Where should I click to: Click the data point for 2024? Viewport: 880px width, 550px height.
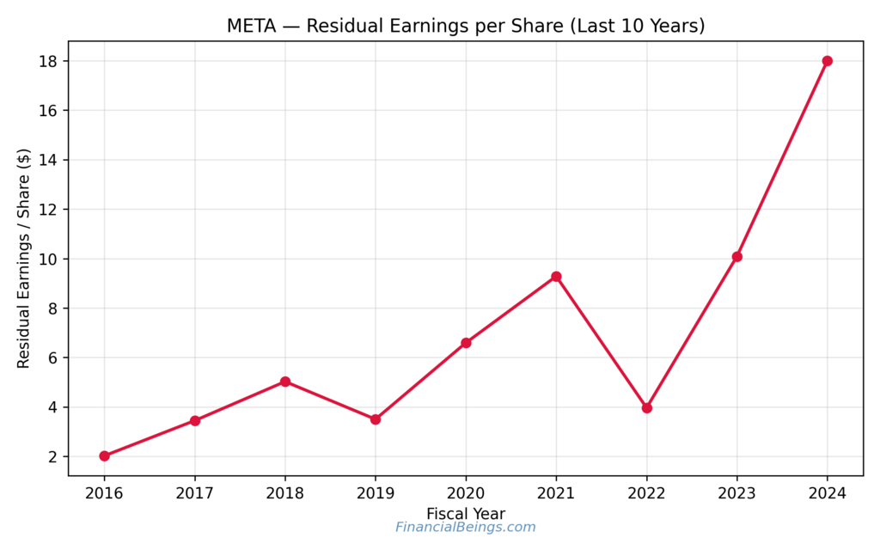pos(827,61)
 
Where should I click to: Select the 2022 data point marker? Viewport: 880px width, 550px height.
pos(646,408)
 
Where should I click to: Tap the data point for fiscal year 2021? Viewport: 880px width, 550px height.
pos(556,277)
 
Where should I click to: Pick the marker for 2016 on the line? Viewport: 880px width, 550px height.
pos(104,456)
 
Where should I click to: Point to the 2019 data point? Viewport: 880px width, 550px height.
pos(376,419)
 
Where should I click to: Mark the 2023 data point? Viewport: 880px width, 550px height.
pos(736,257)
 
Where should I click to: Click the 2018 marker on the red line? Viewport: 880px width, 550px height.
pos(285,382)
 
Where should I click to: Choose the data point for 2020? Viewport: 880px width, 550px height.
pos(466,343)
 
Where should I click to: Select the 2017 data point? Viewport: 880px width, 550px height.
pos(195,420)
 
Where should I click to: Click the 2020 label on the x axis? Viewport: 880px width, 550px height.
pos(466,493)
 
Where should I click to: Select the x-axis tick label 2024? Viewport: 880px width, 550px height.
pos(827,493)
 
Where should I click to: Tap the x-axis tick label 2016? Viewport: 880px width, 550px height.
pos(104,493)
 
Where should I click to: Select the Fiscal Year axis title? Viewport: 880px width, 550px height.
pos(465,513)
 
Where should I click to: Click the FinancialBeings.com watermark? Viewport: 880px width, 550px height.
pos(465,528)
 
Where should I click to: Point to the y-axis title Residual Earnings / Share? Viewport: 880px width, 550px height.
pos(24,258)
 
